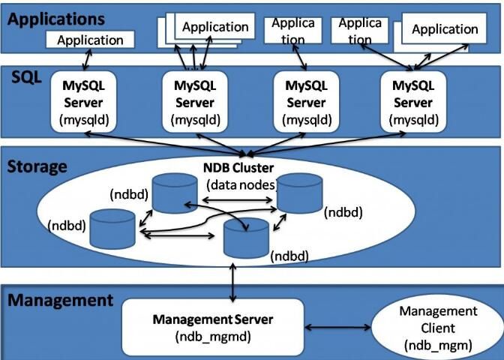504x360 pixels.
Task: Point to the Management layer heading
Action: click(x=60, y=301)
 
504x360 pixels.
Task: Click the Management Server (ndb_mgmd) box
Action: click(x=213, y=326)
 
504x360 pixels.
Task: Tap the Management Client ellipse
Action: click(x=438, y=328)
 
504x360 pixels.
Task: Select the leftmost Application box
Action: click(x=91, y=40)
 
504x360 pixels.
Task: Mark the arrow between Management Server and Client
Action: click(x=337, y=328)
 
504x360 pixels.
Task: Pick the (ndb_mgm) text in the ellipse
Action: click(x=439, y=345)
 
